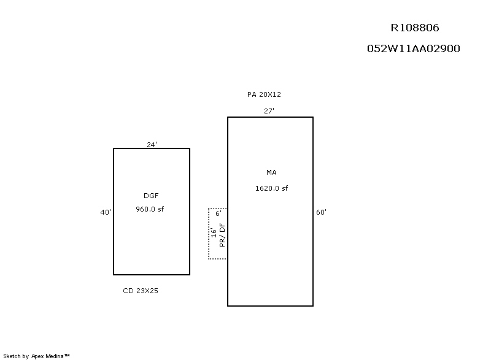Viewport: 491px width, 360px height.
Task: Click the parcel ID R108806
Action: (x=415, y=28)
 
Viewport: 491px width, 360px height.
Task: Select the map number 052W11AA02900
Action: (x=413, y=48)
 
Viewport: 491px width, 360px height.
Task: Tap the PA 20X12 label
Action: (x=264, y=94)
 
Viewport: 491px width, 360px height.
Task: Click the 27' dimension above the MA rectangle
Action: (x=269, y=111)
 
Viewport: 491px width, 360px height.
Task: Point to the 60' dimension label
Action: (x=321, y=212)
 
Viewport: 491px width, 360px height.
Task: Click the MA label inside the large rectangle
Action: (x=271, y=172)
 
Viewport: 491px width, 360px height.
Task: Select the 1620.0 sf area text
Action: (x=271, y=188)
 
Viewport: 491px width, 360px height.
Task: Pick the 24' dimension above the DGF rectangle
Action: (x=152, y=145)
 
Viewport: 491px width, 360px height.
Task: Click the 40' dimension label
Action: (x=106, y=212)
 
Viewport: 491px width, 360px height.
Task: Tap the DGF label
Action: (x=151, y=196)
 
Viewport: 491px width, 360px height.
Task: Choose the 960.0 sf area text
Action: (x=150, y=209)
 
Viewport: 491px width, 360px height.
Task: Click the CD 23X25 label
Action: (x=141, y=291)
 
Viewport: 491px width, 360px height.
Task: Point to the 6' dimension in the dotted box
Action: (x=218, y=213)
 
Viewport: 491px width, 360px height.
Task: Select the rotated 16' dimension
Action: (x=214, y=232)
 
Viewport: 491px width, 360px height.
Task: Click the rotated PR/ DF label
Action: (x=222, y=235)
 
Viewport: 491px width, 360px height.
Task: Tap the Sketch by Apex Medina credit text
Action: (x=36, y=356)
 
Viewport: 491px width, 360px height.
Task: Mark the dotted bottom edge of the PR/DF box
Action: (x=218, y=259)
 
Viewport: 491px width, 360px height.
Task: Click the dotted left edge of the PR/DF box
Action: (x=209, y=233)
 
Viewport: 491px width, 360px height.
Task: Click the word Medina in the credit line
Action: (x=55, y=356)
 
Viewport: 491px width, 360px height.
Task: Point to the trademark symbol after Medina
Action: (x=67, y=355)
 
